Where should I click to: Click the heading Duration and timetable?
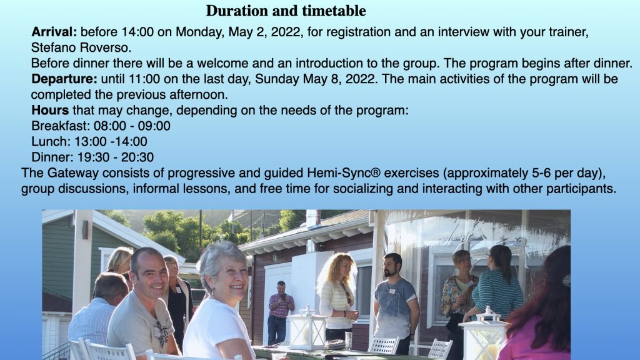(x=286, y=11)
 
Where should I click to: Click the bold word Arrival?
(x=54, y=32)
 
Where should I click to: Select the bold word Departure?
(x=64, y=79)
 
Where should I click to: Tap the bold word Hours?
(x=50, y=110)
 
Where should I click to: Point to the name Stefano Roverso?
(x=81, y=47)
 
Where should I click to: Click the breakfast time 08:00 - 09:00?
(x=132, y=126)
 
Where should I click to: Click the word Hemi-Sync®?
(x=344, y=173)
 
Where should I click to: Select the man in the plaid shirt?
(x=280, y=312)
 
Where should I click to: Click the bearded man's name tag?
(x=392, y=291)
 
